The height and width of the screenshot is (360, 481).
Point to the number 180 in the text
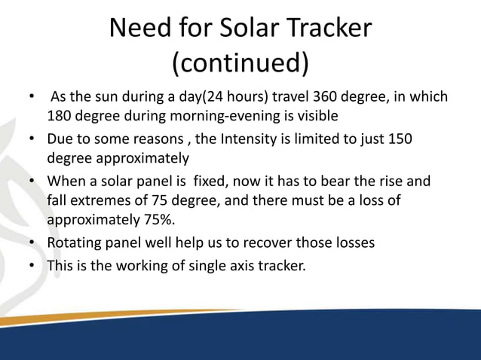tap(61, 117)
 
